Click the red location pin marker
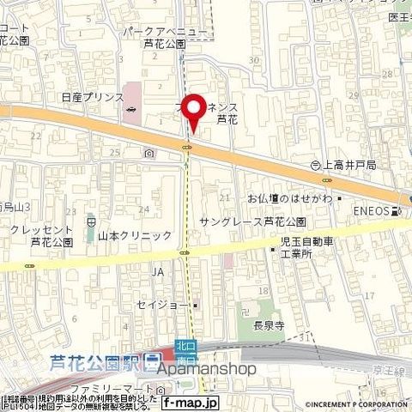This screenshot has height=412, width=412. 195,112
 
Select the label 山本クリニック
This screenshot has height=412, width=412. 135,234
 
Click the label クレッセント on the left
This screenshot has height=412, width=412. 40,229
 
